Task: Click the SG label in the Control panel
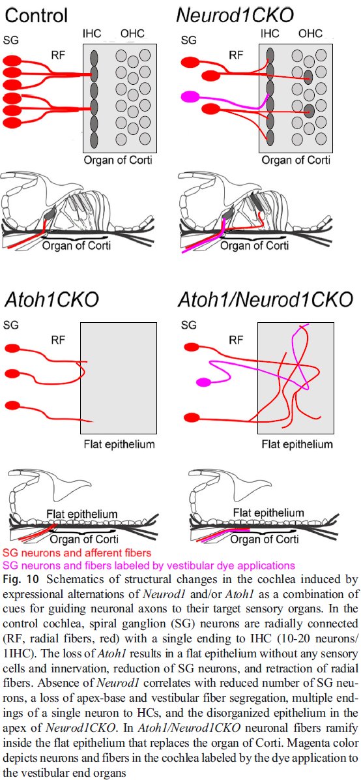[11, 40]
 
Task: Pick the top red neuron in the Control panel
[12, 61]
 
